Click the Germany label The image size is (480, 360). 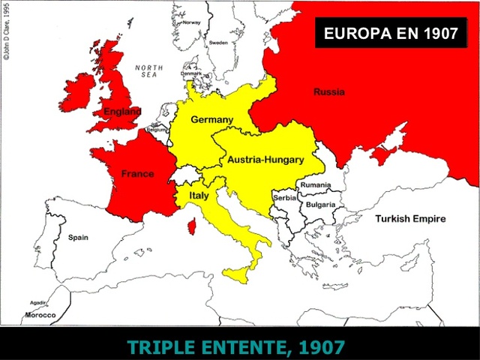[x=211, y=120]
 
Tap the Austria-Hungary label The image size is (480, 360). [x=265, y=160]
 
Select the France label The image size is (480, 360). [x=137, y=174]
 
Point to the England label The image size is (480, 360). [x=122, y=112]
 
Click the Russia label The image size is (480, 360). [x=329, y=92]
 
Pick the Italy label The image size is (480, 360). [x=199, y=196]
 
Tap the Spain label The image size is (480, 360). [x=78, y=238]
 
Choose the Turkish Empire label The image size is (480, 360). [x=410, y=219]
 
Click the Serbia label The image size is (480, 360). [x=285, y=197]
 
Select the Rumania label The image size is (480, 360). [x=316, y=184]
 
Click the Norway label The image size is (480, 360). [x=193, y=22]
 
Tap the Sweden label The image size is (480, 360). [x=218, y=43]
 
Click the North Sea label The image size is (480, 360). [x=148, y=71]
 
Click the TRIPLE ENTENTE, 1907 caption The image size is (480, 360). [x=236, y=347]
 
